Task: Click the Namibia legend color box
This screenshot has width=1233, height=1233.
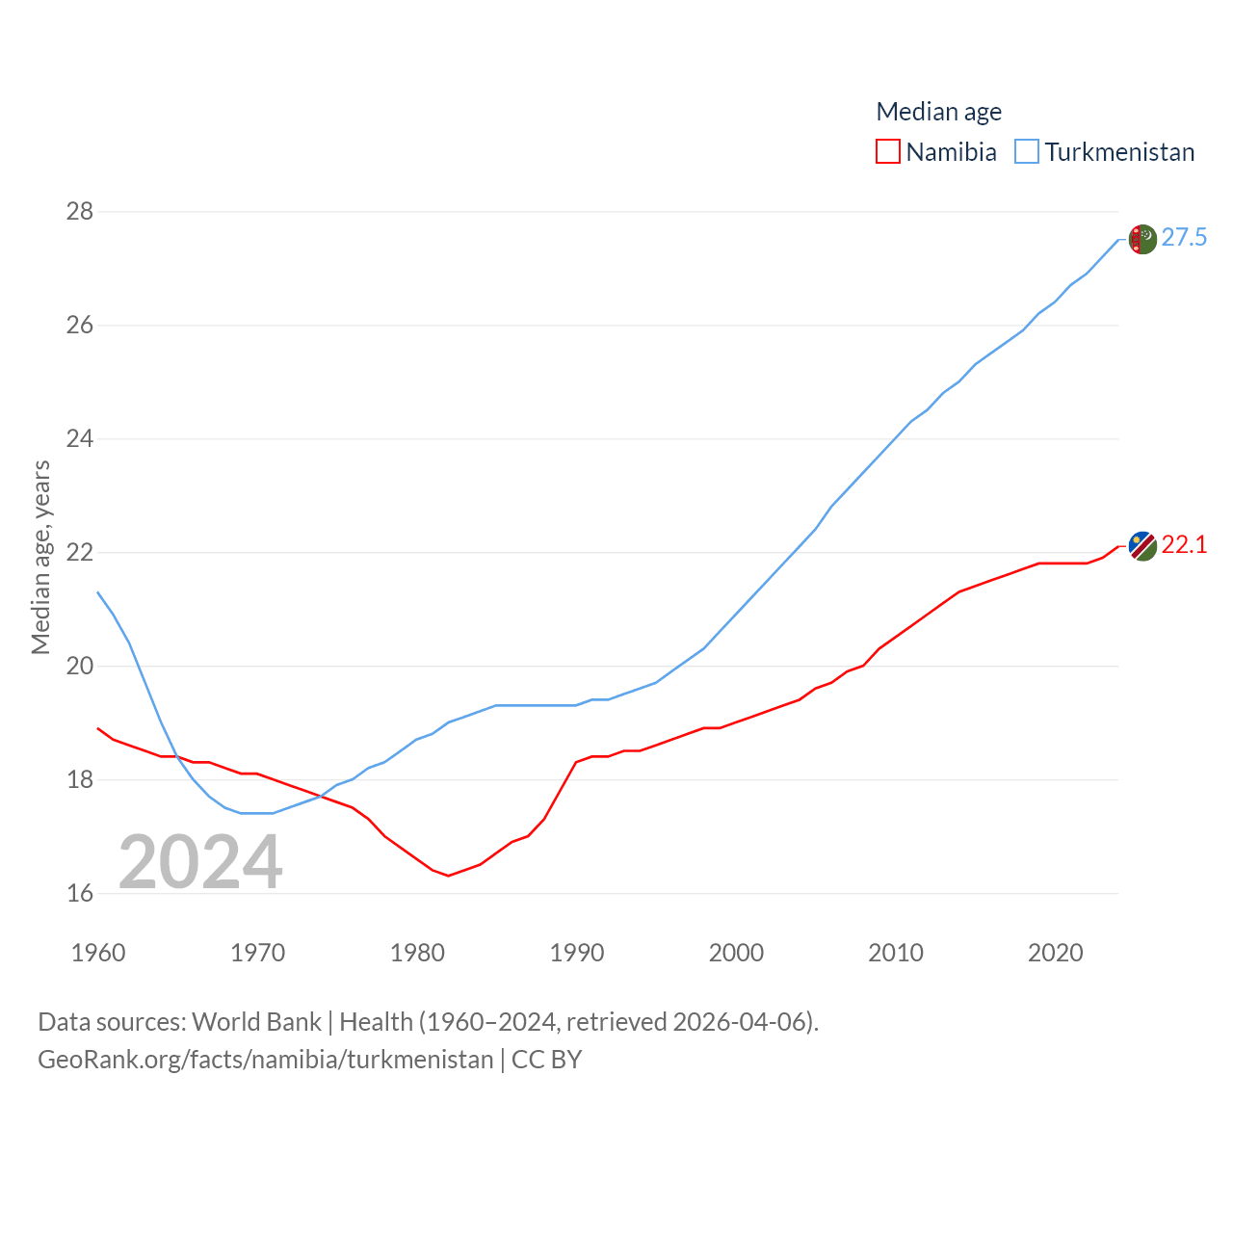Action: [887, 152]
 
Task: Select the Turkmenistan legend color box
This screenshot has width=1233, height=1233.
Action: [1027, 152]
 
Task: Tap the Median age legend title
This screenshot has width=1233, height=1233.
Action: [938, 112]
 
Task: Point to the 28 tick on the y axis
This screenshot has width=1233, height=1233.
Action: [80, 211]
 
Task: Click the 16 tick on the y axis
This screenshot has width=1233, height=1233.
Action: [80, 893]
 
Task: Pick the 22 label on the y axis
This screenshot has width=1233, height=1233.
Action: [80, 552]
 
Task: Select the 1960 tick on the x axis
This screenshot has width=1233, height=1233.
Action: [98, 953]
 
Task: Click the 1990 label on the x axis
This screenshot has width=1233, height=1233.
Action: [576, 953]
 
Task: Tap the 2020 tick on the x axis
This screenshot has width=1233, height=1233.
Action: [1055, 953]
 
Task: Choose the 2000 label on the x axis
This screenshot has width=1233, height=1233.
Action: [736, 953]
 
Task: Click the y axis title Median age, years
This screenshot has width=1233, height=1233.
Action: [40, 558]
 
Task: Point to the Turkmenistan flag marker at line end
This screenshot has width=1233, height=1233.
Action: [1142, 239]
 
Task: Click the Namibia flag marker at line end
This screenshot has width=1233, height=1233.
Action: [1142, 546]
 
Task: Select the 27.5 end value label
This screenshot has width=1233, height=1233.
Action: [1184, 238]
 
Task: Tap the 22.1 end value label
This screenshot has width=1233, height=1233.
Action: [1184, 545]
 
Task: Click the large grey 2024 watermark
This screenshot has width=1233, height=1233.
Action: [200, 862]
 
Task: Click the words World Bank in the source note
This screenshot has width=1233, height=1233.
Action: [256, 1022]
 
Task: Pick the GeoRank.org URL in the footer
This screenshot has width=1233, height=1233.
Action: [265, 1060]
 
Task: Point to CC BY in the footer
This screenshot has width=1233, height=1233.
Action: [546, 1060]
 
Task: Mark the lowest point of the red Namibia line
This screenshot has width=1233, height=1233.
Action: [449, 876]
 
